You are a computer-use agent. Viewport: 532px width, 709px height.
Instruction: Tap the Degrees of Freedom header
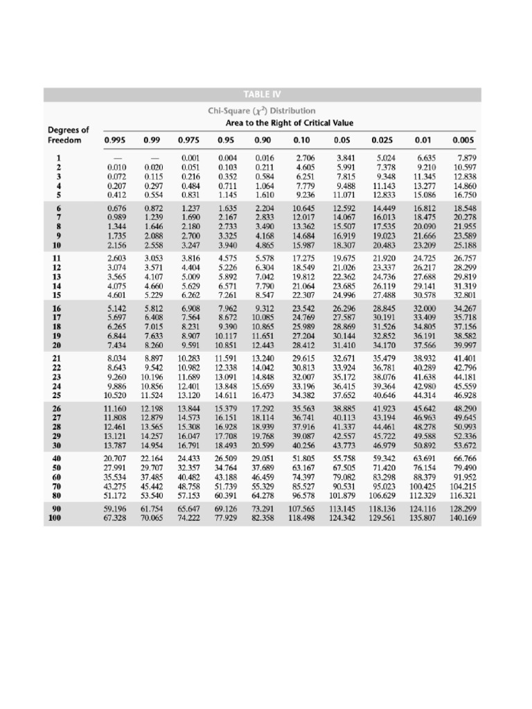(68, 135)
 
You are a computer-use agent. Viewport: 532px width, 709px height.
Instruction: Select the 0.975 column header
(189, 141)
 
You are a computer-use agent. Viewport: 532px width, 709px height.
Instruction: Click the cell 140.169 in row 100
(463, 517)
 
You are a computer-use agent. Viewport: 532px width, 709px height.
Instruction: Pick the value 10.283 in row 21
(189, 357)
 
